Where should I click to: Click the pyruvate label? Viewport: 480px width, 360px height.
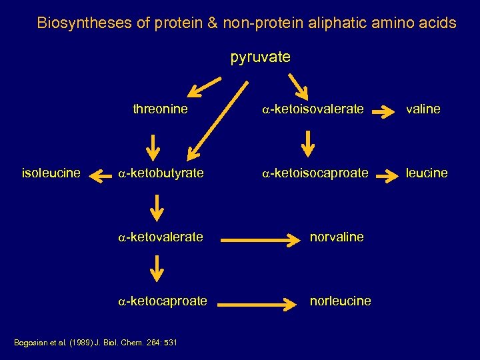(x=260, y=57)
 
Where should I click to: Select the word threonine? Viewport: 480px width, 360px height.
(x=160, y=109)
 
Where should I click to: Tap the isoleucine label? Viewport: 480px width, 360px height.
(x=51, y=173)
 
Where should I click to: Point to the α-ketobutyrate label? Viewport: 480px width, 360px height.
(x=161, y=173)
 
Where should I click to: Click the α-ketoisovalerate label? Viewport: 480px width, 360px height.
(x=313, y=109)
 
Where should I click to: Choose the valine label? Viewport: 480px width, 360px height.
(x=422, y=109)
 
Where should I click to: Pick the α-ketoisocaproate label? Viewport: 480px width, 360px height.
(x=315, y=173)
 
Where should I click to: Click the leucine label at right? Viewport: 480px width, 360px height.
(x=426, y=173)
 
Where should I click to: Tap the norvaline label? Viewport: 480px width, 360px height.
(x=337, y=237)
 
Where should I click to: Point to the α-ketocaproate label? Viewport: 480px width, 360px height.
(x=163, y=301)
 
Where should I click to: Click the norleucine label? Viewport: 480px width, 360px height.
(x=340, y=301)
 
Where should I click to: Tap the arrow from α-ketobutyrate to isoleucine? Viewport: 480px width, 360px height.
(x=100, y=177)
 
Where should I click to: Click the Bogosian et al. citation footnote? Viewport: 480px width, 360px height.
(x=95, y=342)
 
